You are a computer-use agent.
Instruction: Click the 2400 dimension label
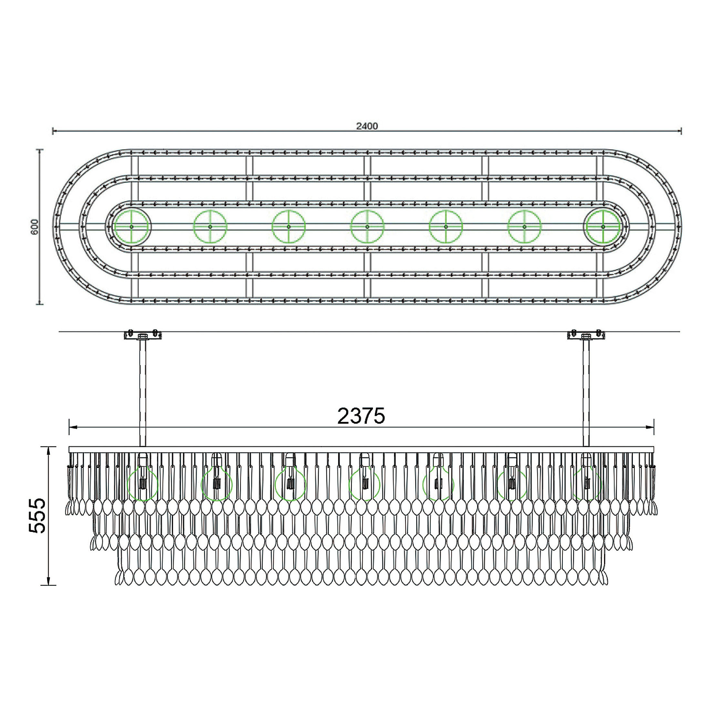click(x=367, y=126)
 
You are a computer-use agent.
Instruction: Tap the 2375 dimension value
click(x=361, y=416)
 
